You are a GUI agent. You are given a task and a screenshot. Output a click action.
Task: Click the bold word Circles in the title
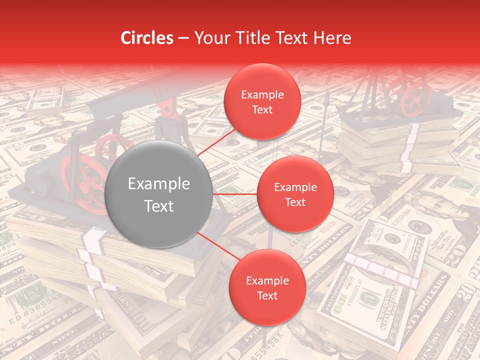[x=146, y=38]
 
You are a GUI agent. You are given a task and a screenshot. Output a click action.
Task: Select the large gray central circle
[x=159, y=194]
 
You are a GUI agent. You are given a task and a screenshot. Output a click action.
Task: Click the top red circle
[x=262, y=101]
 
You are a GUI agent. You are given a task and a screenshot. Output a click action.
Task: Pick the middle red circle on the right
[x=295, y=194]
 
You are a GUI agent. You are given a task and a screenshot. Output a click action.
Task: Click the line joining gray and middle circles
[x=235, y=194]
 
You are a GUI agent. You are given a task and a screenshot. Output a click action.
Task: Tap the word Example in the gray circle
[x=159, y=184]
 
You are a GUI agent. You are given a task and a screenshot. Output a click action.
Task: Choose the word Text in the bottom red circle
[x=267, y=295]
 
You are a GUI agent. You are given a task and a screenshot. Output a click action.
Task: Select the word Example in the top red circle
[x=262, y=95]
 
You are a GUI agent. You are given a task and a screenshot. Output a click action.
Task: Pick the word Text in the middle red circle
[x=295, y=202]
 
